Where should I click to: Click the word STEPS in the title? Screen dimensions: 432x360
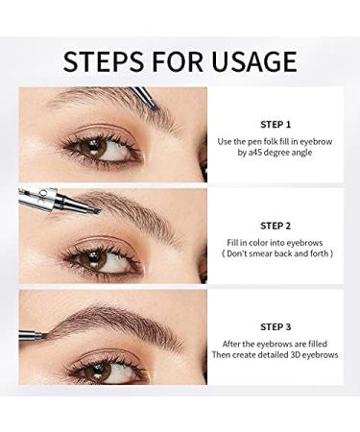(x=100, y=62)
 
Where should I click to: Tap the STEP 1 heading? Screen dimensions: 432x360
(x=275, y=125)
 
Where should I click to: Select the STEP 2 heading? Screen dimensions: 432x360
(x=275, y=227)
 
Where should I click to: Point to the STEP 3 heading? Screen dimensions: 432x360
(x=275, y=327)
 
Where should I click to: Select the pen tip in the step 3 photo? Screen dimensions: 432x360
(x=45, y=334)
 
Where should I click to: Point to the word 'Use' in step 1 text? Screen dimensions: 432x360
(x=226, y=141)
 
